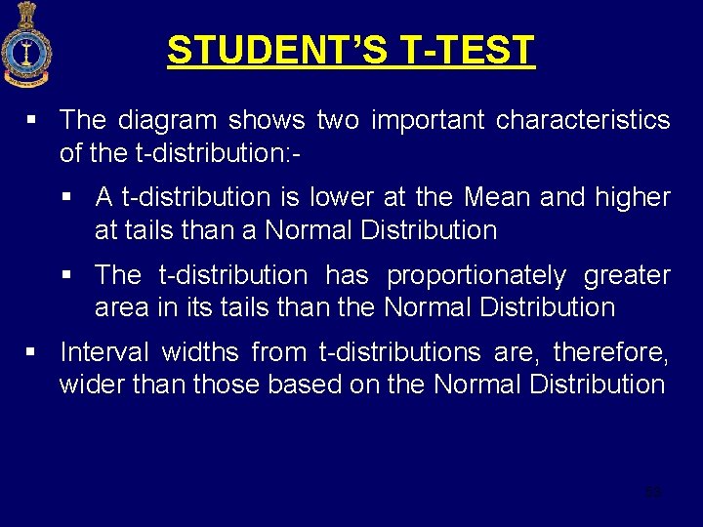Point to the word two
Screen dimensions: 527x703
339,120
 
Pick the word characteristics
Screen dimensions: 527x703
583,120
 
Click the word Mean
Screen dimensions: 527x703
497,197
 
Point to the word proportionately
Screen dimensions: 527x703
476,275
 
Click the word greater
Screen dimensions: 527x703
627,275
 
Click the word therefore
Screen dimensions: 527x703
610,351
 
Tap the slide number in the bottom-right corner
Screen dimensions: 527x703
653,493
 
